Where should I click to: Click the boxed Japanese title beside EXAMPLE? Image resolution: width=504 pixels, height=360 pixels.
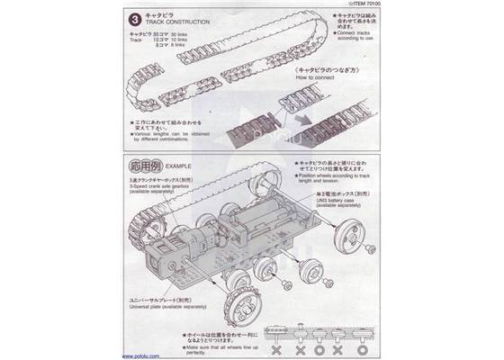146,167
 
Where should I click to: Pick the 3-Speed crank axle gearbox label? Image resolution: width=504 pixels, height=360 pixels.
166,186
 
